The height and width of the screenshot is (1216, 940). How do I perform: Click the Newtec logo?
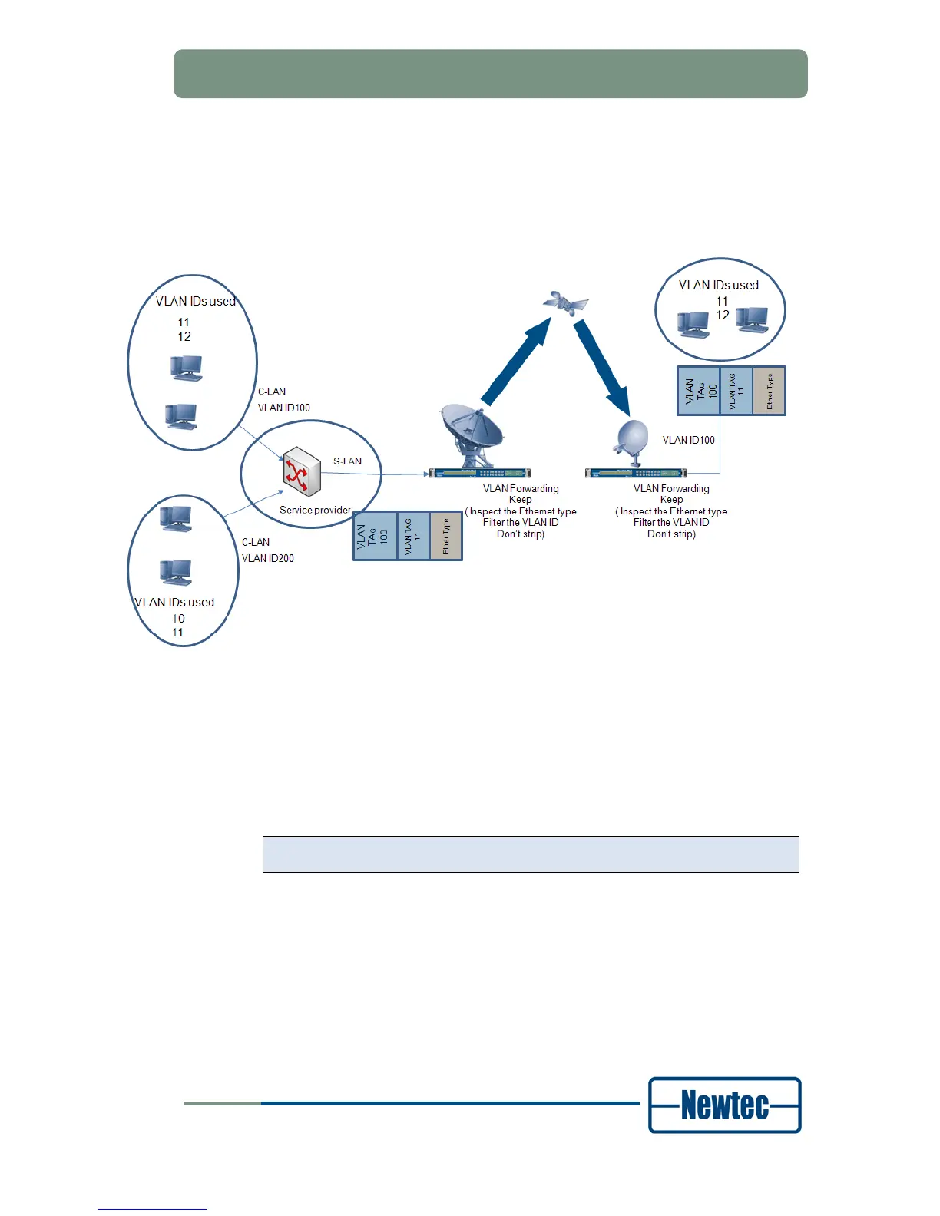tap(724, 1105)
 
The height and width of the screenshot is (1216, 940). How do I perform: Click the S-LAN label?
tap(347, 461)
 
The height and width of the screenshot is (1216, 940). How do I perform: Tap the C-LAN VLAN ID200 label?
tap(268, 550)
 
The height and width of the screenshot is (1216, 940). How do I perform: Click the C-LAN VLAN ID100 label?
tap(283, 400)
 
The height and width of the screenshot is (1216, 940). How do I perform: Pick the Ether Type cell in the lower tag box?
tap(446, 536)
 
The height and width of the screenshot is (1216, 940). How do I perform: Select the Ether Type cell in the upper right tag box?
tap(770, 392)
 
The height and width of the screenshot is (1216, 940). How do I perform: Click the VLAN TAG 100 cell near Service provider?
tap(375, 536)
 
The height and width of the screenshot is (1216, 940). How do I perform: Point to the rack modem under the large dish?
tap(479, 473)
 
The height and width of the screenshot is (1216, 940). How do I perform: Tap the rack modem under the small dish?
tap(635, 473)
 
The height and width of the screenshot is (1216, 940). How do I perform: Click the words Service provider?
tap(315, 510)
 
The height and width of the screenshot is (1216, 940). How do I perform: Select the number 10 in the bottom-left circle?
tap(178, 619)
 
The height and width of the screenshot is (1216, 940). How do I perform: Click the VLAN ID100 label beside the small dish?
tap(689, 440)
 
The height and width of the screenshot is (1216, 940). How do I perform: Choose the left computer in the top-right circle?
tap(693, 325)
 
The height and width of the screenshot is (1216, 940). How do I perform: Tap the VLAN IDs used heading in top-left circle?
tap(195, 302)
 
